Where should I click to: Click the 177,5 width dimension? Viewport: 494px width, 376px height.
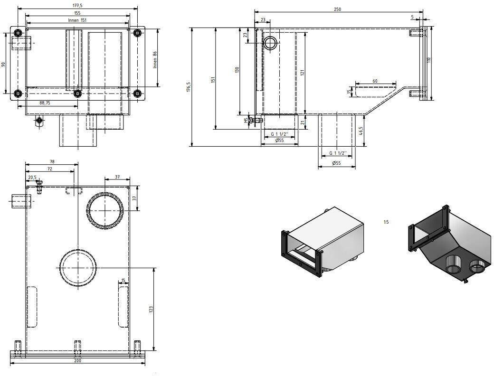[x=77, y=5]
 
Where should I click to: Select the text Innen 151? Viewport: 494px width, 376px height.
[x=77, y=20]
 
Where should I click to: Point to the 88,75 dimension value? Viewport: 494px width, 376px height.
[x=46, y=103]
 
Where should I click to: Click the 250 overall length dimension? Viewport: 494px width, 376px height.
[x=338, y=9]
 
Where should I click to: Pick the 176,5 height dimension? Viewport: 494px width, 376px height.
[x=189, y=87]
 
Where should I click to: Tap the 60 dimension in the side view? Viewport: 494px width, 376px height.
[x=375, y=81]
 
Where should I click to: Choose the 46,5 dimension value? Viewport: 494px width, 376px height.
[x=361, y=130]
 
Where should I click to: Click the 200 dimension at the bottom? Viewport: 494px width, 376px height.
[x=77, y=361]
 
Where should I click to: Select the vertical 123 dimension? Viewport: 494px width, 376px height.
[x=151, y=309]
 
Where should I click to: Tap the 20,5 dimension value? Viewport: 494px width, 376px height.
[x=32, y=177]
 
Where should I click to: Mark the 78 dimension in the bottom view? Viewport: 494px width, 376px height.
[x=52, y=162]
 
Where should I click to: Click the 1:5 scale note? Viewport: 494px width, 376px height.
[x=386, y=222]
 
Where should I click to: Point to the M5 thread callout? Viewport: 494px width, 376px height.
[x=246, y=120]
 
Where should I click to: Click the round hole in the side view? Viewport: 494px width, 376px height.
[x=271, y=43]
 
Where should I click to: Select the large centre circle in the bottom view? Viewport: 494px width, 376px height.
[x=78, y=268]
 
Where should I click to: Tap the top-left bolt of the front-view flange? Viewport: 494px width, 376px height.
[x=18, y=33]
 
